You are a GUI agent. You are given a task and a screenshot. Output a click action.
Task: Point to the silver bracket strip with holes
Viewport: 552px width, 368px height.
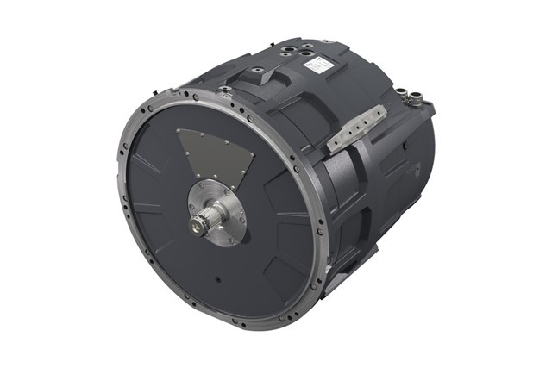[x=354, y=126]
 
